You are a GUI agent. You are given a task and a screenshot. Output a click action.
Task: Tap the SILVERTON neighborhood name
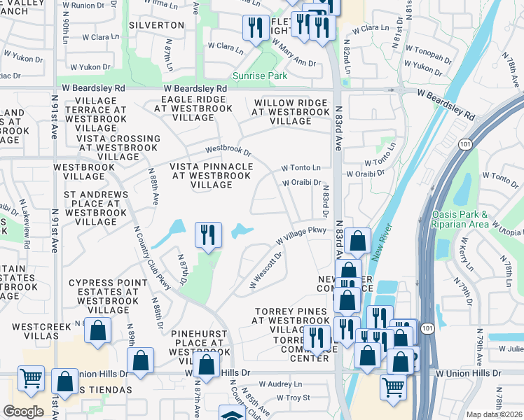(156, 25)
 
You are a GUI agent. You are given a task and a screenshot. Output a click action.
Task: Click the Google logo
(23, 411)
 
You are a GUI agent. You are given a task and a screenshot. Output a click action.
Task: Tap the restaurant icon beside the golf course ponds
(207, 235)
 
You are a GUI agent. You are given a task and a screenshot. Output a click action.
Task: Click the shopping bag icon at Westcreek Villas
(98, 330)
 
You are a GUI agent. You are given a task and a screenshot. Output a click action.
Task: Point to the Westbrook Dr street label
(228, 150)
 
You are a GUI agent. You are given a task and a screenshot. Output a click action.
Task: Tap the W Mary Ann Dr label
(294, 53)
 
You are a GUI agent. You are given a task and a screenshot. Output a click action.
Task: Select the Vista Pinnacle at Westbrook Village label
(212, 175)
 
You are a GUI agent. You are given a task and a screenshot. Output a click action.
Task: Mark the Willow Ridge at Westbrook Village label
(290, 112)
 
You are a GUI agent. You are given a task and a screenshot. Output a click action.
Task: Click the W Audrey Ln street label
(280, 384)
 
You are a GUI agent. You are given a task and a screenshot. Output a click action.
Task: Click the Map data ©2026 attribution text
(495, 414)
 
